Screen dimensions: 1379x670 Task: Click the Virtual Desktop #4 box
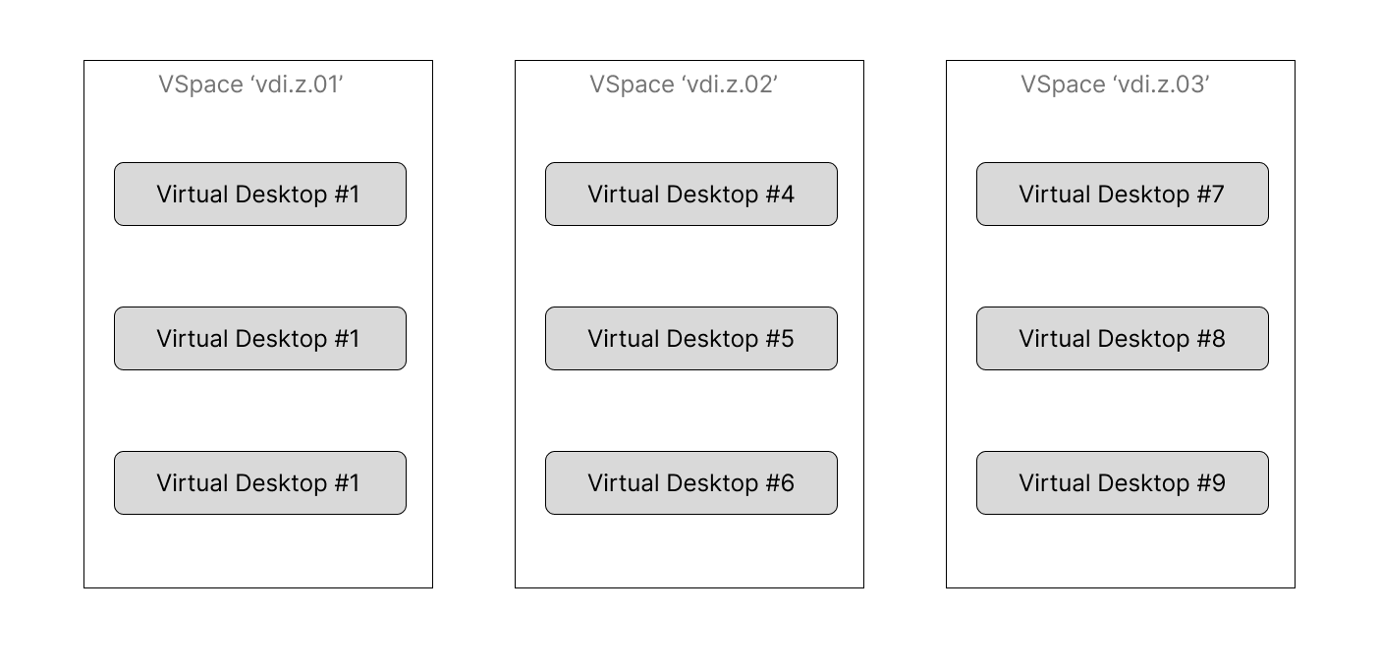(x=690, y=194)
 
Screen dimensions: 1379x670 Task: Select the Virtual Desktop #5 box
(x=690, y=338)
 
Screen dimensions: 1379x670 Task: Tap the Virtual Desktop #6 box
(x=690, y=482)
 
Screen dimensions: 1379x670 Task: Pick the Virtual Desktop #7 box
(x=1123, y=194)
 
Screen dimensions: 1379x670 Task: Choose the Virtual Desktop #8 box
(x=1123, y=338)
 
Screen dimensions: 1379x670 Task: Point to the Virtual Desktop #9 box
(x=1123, y=482)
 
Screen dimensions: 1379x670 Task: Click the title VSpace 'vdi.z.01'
(x=250, y=84)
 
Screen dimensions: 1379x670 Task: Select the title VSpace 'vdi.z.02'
(x=684, y=84)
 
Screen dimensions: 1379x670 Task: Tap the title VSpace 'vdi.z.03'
(x=1115, y=84)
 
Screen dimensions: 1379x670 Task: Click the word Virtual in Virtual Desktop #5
(x=623, y=339)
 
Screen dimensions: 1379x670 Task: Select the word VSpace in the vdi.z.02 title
(x=632, y=85)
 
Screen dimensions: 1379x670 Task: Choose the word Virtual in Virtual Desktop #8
(x=1055, y=339)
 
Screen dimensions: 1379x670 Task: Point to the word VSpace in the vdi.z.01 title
(x=200, y=85)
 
